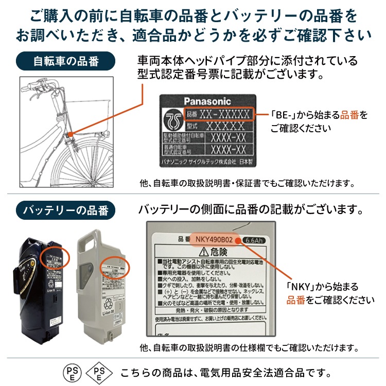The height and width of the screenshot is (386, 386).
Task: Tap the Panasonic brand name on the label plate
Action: (x=207, y=101)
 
